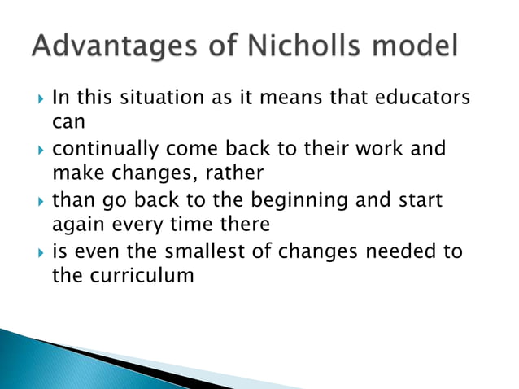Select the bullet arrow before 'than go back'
(x=37, y=201)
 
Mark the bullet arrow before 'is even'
(x=37, y=252)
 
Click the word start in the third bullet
(x=419, y=200)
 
